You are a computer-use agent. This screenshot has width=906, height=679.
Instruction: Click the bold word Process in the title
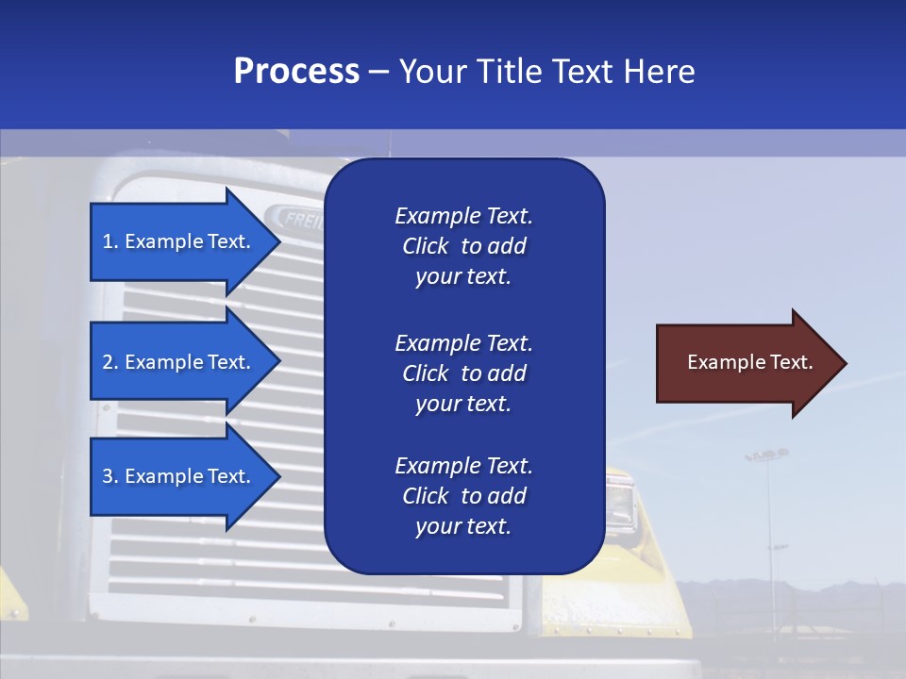coord(296,72)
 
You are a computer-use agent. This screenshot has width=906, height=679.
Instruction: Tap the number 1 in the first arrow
coord(108,241)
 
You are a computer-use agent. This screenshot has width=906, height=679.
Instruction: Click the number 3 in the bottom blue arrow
coord(108,476)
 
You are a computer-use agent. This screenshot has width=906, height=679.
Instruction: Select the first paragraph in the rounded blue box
coord(463,246)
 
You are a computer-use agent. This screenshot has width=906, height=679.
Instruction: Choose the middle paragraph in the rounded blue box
coord(463,373)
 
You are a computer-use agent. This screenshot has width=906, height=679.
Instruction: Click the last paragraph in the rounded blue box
coord(463,496)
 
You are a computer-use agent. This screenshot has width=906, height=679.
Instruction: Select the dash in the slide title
coord(378,72)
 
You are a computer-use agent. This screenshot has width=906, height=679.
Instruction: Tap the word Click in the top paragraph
coord(426,246)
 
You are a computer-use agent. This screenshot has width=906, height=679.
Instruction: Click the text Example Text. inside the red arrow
coord(750,362)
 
